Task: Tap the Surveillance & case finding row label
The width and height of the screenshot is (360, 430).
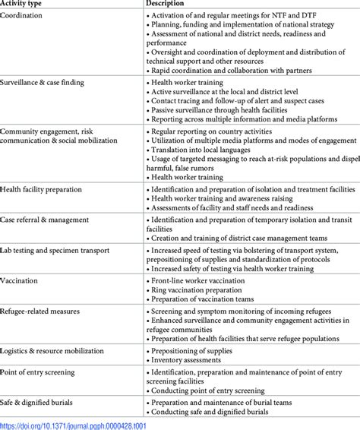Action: pos(42,82)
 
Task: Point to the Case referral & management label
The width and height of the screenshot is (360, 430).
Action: pos(45,220)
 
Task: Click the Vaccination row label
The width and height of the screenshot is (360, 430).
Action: pos(21,280)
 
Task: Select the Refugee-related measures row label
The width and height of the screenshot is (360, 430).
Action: pos(39,311)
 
